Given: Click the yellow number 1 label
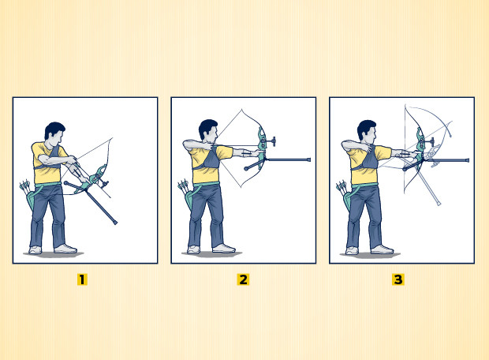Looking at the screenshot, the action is point(82,279).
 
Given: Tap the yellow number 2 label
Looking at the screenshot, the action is point(243,279).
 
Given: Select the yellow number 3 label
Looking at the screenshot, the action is point(398,279).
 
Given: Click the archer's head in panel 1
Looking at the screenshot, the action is point(55,133).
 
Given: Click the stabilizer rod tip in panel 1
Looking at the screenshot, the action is point(115,223).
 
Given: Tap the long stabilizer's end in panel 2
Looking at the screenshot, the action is point(308,159).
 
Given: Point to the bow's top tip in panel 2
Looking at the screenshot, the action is point(241,109).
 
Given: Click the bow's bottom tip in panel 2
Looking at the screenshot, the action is point(241,187).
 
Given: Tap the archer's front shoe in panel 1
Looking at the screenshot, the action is point(65,249).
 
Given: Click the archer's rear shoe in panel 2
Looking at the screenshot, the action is point(193,249).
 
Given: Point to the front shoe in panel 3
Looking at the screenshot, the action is point(382,249).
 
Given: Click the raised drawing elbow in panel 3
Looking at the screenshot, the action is point(345,145).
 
